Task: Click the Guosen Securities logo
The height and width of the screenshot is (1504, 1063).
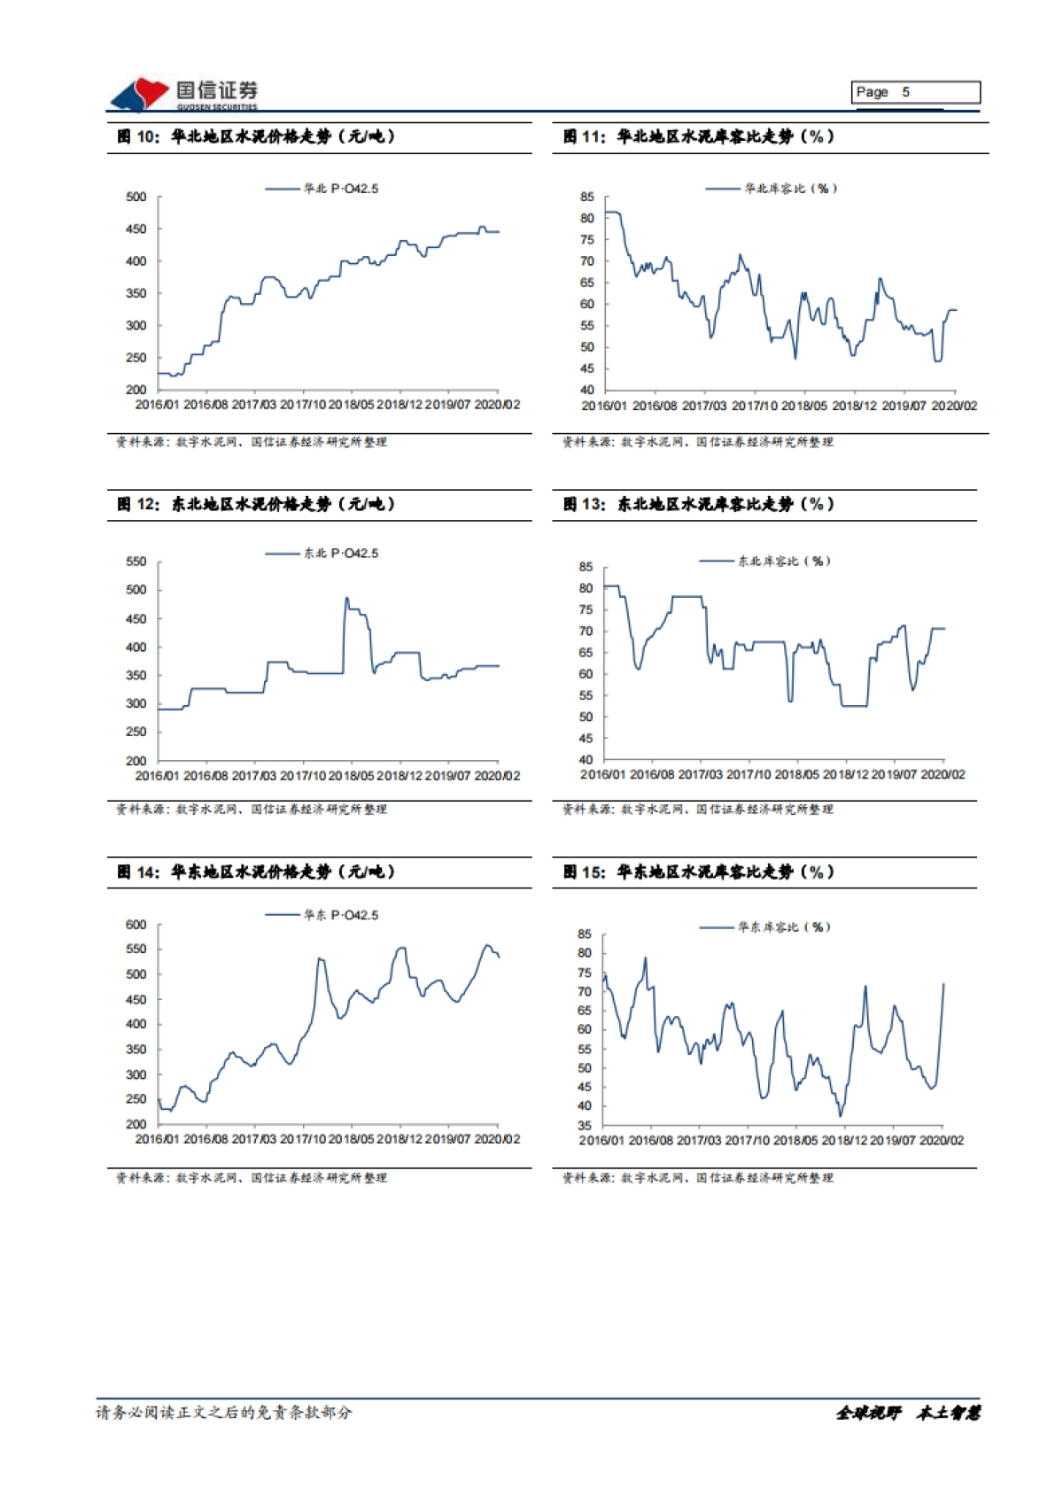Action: pos(183,94)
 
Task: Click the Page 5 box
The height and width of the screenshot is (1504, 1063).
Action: pos(916,92)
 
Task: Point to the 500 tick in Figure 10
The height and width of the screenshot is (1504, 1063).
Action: pos(136,197)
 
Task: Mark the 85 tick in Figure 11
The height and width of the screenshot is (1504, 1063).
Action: pos(587,197)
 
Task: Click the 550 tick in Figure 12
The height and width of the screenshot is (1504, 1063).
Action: pos(136,562)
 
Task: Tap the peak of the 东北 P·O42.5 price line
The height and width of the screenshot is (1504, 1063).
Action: pos(346,598)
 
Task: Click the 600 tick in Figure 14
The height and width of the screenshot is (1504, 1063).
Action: pos(136,925)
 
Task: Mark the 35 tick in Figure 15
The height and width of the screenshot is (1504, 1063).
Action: pos(585,1126)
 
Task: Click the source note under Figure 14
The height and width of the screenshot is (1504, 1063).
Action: pos(252,1178)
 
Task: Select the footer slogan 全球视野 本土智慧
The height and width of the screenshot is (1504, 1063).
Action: pos(908,1413)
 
